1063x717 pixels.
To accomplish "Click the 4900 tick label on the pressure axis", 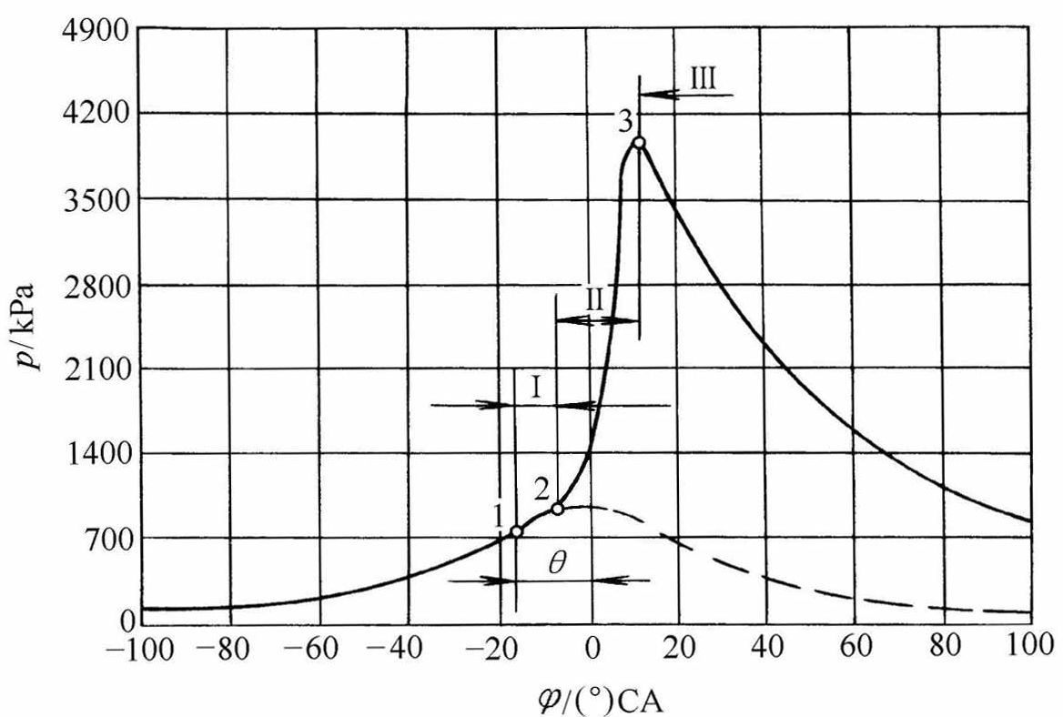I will pyautogui.click(x=97, y=30).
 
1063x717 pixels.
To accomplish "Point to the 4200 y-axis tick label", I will pyautogui.click(x=97, y=114).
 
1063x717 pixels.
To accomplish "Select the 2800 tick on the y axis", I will pyautogui.click(x=97, y=284).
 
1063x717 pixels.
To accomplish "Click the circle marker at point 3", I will pyautogui.click(x=640, y=143).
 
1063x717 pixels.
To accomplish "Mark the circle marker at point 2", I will pyautogui.click(x=558, y=509).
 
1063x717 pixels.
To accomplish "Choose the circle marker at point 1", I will pyautogui.click(x=516, y=531).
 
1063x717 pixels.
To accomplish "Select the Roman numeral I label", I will pyautogui.click(x=537, y=389).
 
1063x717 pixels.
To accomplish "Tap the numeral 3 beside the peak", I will pyautogui.click(x=625, y=119).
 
